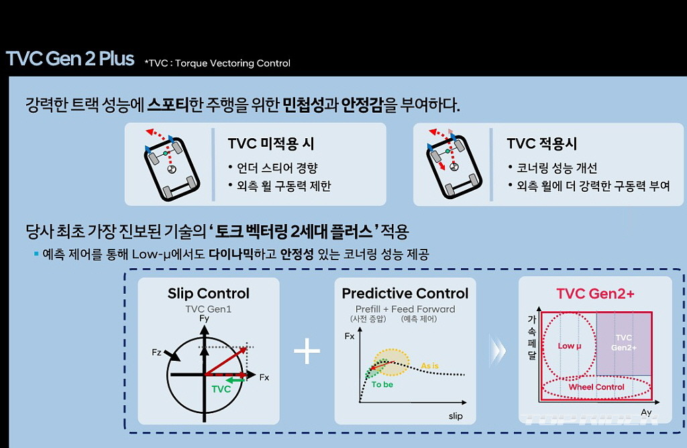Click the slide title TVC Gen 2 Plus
point(70,58)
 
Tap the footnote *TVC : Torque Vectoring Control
point(217,63)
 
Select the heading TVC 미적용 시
point(271,144)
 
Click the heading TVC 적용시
point(541,144)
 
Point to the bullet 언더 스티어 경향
point(272,168)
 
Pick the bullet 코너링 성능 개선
point(553,168)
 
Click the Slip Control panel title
point(209,293)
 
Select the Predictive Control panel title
point(405,293)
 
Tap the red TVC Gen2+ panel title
point(596,293)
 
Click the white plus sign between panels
point(307,351)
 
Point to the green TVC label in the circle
point(221,389)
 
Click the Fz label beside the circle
point(156,352)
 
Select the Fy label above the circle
point(204,319)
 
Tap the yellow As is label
point(429,366)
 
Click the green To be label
point(382,384)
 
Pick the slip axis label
point(456,416)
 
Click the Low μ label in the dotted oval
point(569,346)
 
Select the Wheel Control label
point(596,387)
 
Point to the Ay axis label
point(646,412)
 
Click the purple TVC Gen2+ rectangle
point(623,343)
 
